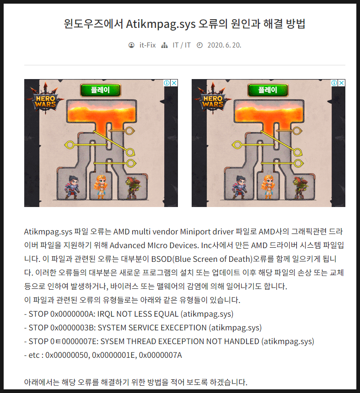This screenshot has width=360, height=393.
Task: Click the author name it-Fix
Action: pyautogui.click(x=147, y=45)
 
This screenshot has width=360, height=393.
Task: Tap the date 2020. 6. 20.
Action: pyautogui.click(x=224, y=45)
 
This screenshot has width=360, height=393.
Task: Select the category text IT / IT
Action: pyautogui.click(x=182, y=45)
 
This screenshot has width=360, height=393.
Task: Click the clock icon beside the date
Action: pyautogui.click(x=199, y=45)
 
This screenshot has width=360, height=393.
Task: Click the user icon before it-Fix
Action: pyautogui.click(x=132, y=45)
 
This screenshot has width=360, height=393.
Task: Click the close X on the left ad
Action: pyautogui.click(x=174, y=83)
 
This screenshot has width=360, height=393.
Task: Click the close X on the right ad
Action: pyautogui.click(x=341, y=83)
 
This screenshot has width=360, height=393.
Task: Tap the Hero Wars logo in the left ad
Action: pyautogui.click(x=45, y=100)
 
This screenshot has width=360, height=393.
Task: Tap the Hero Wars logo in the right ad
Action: pyautogui.click(x=212, y=100)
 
